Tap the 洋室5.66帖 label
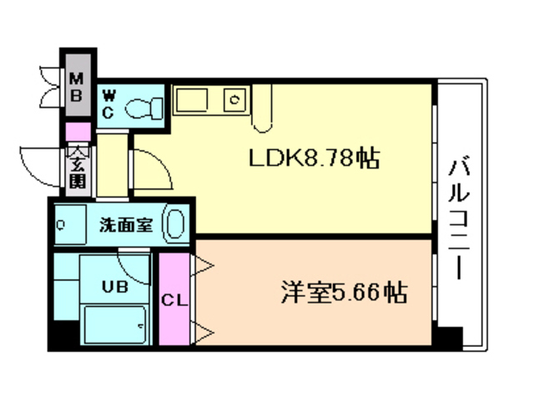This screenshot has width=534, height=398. (x=343, y=293)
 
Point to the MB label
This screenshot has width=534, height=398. (x=76, y=86)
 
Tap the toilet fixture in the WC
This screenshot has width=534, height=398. (x=145, y=106)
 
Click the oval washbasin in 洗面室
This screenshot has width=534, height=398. (x=175, y=225)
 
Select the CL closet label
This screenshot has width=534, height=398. (x=174, y=298)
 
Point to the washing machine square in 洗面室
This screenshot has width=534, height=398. (x=63, y=225)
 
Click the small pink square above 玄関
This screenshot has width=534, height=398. (x=78, y=131)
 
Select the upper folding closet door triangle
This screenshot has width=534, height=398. (x=203, y=268)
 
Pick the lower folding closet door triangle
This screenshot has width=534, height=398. (x=203, y=332)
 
